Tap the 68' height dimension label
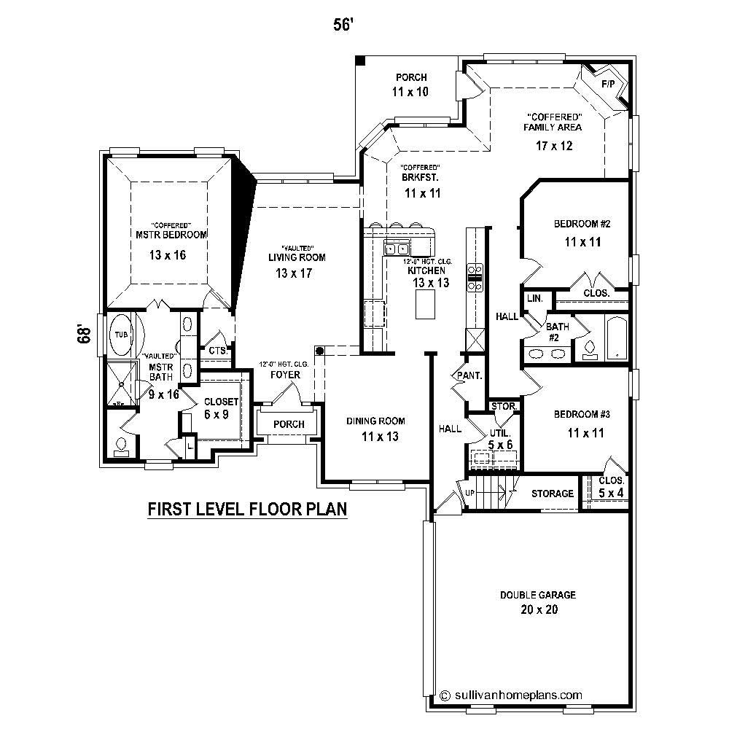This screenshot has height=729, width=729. point(85,334)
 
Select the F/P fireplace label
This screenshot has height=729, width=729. point(607,85)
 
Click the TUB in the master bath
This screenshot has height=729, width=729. point(121,335)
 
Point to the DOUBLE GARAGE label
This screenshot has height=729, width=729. point(538,595)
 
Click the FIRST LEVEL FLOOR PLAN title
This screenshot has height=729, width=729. point(247,508)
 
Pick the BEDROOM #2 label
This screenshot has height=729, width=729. point(581,224)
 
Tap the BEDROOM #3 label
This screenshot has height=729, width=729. point(581,414)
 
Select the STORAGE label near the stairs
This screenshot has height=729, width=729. point(552,494)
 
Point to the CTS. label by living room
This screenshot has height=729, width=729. point(217,351)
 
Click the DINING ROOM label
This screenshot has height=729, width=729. point(375,421)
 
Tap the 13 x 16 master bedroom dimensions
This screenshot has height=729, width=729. point(168,255)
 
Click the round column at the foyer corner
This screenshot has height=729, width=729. point(319,350)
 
